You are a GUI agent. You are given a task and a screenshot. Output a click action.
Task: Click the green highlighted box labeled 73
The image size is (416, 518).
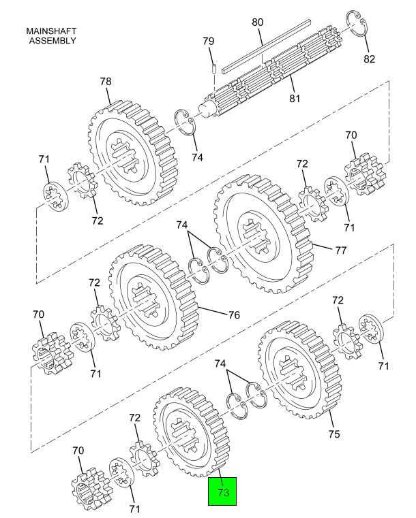point(222,491)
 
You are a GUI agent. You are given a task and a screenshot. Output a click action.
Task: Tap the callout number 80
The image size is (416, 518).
point(258,22)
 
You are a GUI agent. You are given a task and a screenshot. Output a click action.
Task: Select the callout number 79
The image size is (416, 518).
point(209,42)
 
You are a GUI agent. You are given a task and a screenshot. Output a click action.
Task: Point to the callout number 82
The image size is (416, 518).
point(370,59)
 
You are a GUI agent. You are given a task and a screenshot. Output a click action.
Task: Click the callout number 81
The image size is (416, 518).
point(295,99)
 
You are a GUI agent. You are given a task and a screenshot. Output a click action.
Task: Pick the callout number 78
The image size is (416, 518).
point(106,82)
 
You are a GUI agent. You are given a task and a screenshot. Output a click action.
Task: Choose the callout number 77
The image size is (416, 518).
point(340,250)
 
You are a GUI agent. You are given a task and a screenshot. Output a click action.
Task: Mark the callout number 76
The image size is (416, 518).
point(234,315)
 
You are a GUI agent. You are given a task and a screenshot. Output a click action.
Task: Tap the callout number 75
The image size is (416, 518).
point(334,434)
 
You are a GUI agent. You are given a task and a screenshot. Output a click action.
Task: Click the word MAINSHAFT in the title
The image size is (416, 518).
point(51,31)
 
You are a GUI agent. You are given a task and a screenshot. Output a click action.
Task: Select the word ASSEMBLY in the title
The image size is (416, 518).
point(53,41)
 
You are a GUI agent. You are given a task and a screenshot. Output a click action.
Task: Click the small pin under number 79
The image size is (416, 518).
point(214,68)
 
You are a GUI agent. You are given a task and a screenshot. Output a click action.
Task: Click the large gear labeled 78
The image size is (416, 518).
point(132,152)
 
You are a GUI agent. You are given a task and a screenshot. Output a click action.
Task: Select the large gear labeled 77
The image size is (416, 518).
point(263,233)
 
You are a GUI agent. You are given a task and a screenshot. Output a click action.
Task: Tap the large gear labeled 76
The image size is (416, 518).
point(153,297)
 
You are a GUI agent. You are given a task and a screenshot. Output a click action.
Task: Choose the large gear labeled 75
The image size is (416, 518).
point(299,370)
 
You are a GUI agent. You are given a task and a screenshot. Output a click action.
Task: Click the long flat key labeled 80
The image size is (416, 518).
point(267,46)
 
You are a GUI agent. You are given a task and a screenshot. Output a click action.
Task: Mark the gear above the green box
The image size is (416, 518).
point(191,432)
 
